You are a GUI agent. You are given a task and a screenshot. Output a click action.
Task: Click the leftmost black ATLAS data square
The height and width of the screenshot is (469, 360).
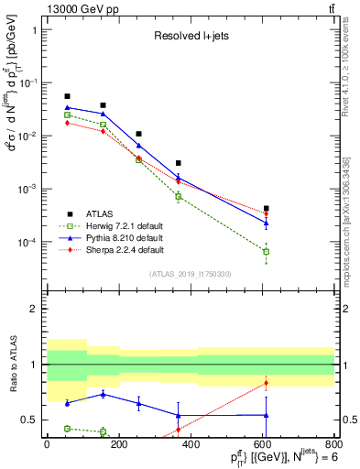[x=67, y=96]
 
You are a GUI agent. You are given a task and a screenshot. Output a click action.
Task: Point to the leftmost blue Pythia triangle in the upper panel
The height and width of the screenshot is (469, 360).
[x=67, y=107]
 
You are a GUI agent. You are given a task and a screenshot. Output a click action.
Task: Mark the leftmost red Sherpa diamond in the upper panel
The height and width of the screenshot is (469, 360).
[x=67, y=123]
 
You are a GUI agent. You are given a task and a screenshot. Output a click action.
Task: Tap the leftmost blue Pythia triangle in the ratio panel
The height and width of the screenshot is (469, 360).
[x=67, y=403]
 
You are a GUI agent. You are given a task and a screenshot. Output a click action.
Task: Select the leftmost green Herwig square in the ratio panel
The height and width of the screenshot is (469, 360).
[x=67, y=428]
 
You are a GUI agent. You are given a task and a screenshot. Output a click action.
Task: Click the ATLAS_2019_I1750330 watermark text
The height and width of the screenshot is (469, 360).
[x=190, y=274]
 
